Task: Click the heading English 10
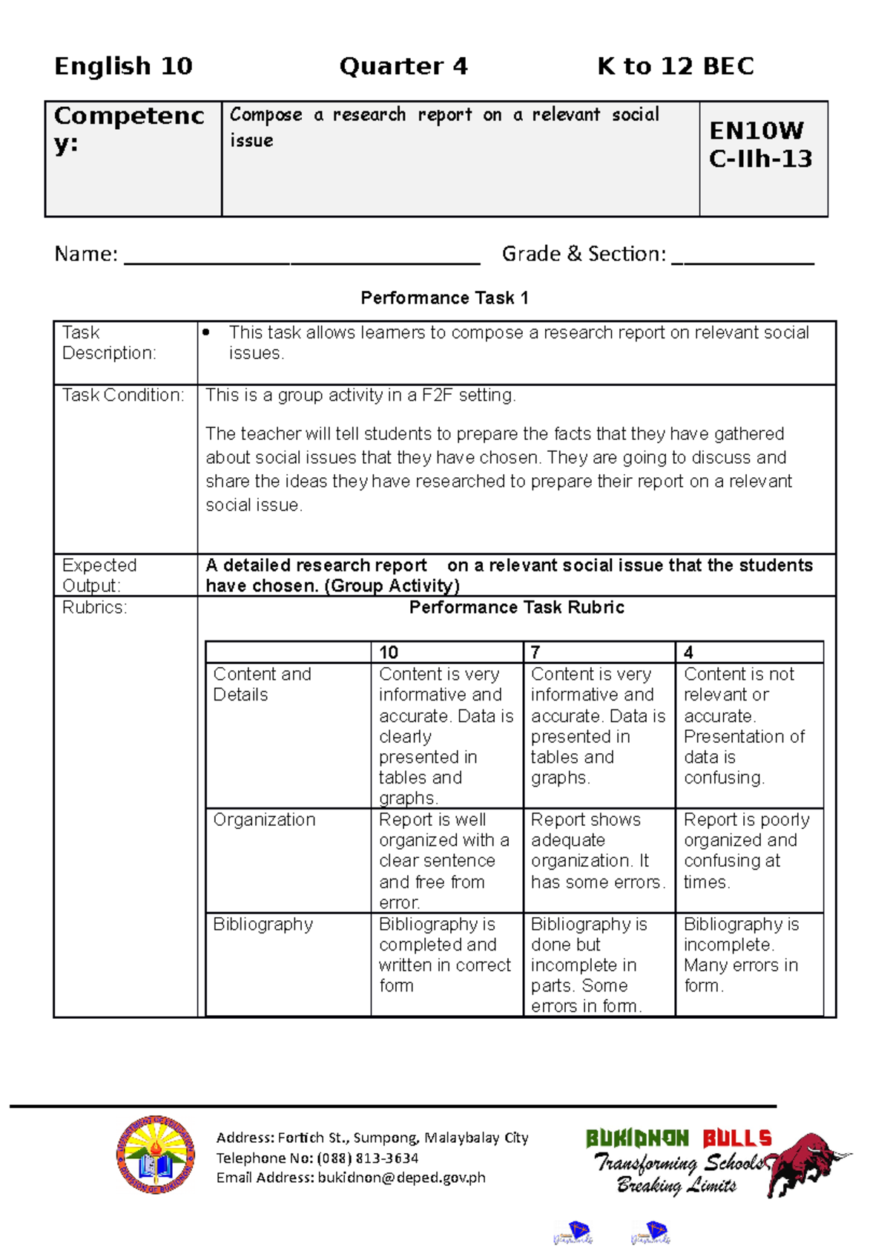coord(123,66)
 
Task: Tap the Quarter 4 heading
coord(403,66)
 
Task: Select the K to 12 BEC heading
coord(675,66)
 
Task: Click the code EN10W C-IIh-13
coord(760,145)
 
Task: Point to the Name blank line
coord(302,260)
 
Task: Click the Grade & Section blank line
coord(742,260)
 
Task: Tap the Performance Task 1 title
coord(444,298)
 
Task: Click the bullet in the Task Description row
coord(207,333)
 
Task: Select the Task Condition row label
coord(122,396)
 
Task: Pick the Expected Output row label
coord(99,575)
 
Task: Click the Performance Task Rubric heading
coord(516,608)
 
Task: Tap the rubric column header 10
coord(389,652)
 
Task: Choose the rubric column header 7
coord(535,652)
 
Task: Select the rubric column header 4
coord(688,652)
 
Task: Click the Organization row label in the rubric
coord(264,820)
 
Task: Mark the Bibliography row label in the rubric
coord(263,925)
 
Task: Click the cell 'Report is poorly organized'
coord(746,850)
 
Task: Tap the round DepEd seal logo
coord(156,1155)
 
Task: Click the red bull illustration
coord(808,1161)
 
